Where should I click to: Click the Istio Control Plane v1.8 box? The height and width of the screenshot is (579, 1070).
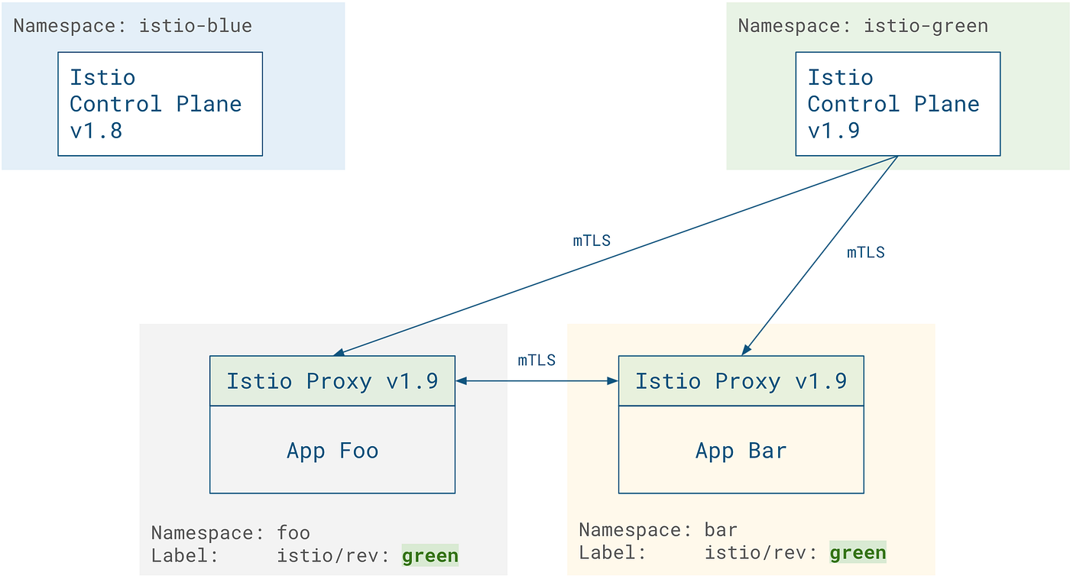(x=160, y=104)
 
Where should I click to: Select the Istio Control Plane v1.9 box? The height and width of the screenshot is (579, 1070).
(x=897, y=104)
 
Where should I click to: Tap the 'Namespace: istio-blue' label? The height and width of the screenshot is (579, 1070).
(x=132, y=26)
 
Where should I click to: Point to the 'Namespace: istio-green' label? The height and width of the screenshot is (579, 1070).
(x=862, y=26)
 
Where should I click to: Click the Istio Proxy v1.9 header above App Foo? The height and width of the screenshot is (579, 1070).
(x=332, y=381)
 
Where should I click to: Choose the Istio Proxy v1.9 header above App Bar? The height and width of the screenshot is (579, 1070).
(x=741, y=381)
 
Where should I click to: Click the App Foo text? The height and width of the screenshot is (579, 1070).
(x=332, y=451)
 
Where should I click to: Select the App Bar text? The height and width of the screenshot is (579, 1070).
(x=741, y=451)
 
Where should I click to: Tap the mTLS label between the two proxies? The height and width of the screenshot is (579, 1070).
(x=537, y=361)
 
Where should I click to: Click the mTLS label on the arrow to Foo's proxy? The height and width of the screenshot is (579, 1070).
(x=592, y=241)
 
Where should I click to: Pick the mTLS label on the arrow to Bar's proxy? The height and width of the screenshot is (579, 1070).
(x=865, y=253)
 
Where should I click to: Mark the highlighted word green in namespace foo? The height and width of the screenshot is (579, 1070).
(x=430, y=555)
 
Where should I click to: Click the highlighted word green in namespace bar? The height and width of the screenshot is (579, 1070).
(x=858, y=552)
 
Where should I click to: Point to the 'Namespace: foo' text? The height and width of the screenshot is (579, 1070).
(x=230, y=532)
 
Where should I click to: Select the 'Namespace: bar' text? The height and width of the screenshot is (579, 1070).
(x=657, y=529)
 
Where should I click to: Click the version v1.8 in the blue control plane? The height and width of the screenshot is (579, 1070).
(x=96, y=130)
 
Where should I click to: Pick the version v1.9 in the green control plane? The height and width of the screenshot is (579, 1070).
(x=833, y=130)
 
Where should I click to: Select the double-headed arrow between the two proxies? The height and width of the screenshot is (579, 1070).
(x=537, y=380)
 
